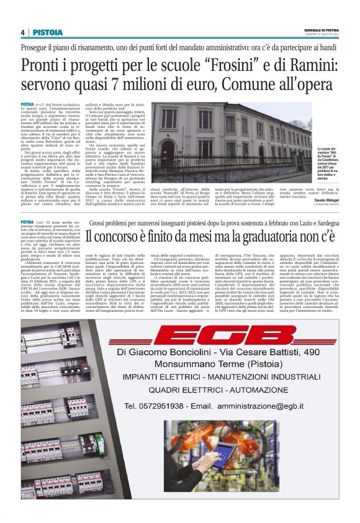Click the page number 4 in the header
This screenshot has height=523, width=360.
22,32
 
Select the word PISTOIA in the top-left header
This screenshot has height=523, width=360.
47,32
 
